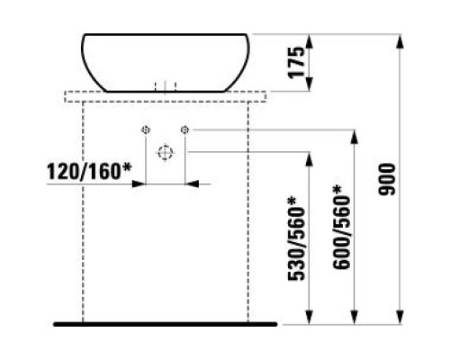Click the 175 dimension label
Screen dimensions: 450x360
click(x=296, y=62)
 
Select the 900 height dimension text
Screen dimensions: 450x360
click(x=387, y=179)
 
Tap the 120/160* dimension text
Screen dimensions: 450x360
click(x=89, y=171)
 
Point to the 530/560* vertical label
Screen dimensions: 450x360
click(x=296, y=239)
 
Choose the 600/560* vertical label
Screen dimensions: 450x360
click(x=341, y=228)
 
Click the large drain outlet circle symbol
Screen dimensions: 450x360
click(x=166, y=153)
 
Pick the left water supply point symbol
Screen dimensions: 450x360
click(x=146, y=130)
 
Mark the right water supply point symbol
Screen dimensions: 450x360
click(x=184, y=130)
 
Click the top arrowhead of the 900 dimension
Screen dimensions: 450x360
click(x=400, y=41)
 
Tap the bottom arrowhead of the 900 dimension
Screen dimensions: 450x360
click(x=400, y=317)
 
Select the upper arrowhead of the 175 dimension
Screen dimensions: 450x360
click(x=310, y=41)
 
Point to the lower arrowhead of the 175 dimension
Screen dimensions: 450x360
click(x=310, y=84)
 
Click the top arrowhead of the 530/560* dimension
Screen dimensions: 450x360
click(x=309, y=159)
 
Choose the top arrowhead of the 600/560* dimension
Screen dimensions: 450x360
click(x=355, y=137)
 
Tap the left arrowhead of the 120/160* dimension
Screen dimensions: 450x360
click(x=139, y=184)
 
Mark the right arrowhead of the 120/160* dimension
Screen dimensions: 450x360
click(x=192, y=184)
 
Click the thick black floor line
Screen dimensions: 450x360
click(x=165, y=324)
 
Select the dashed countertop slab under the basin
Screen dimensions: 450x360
click(x=166, y=96)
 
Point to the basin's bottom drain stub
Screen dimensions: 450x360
click(x=165, y=86)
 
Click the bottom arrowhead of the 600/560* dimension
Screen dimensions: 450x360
click(x=355, y=317)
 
